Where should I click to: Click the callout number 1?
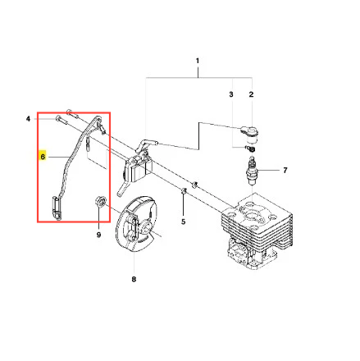click(198, 61)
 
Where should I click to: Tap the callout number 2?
click(251, 94)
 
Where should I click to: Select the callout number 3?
click(231, 94)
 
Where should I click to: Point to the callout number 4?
click(28, 119)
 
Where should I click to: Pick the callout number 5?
click(183, 222)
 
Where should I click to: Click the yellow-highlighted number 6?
click(43, 157)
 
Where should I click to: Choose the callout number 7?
click(285, 171)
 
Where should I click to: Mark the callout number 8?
click(134, 279)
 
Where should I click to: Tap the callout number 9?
click(98, 235)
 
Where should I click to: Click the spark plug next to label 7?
click(252, 171)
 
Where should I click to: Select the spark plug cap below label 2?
click(249, 134)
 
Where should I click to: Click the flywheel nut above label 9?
click(100, 202)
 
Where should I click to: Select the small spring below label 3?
click(250, 149)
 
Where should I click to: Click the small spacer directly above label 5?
click(184, 190)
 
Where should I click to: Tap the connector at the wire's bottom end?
click(57, 208)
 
